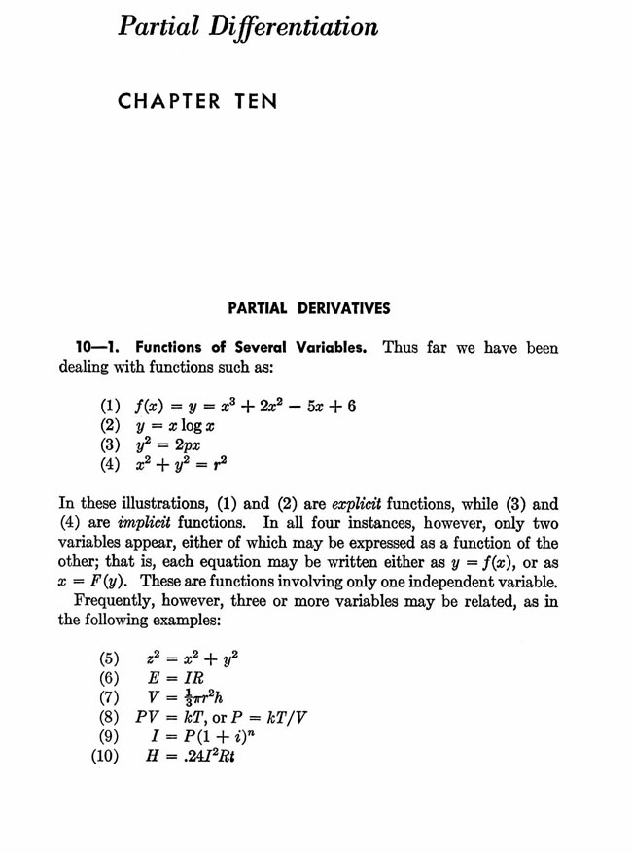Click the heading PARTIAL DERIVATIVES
(x=308, y=308)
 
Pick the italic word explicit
(x=358, y=504)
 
